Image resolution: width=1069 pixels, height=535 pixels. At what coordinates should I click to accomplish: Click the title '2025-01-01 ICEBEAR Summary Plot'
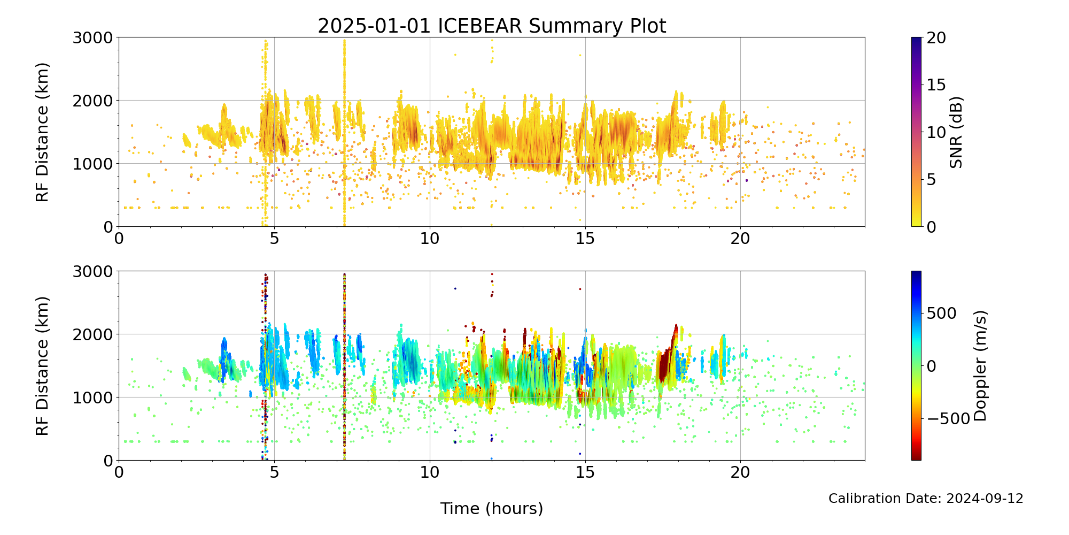tap(492, 26)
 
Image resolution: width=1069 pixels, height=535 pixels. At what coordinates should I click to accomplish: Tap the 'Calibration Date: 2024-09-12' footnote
tap(926, 499)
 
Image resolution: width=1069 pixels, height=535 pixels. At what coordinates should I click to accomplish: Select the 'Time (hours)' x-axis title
tap(492, 508)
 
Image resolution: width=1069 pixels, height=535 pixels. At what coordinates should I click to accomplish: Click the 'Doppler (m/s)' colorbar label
tap(980, 365)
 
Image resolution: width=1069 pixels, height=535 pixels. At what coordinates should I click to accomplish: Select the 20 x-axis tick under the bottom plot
tap(740, 472)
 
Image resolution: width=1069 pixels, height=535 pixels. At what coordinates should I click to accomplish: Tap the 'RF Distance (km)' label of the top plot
tap(42, 132)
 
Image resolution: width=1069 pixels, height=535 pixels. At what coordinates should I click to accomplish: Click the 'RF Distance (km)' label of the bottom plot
tap(42, 366)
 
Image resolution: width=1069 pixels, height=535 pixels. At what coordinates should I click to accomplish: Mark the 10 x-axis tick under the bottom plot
tap(430, 472)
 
